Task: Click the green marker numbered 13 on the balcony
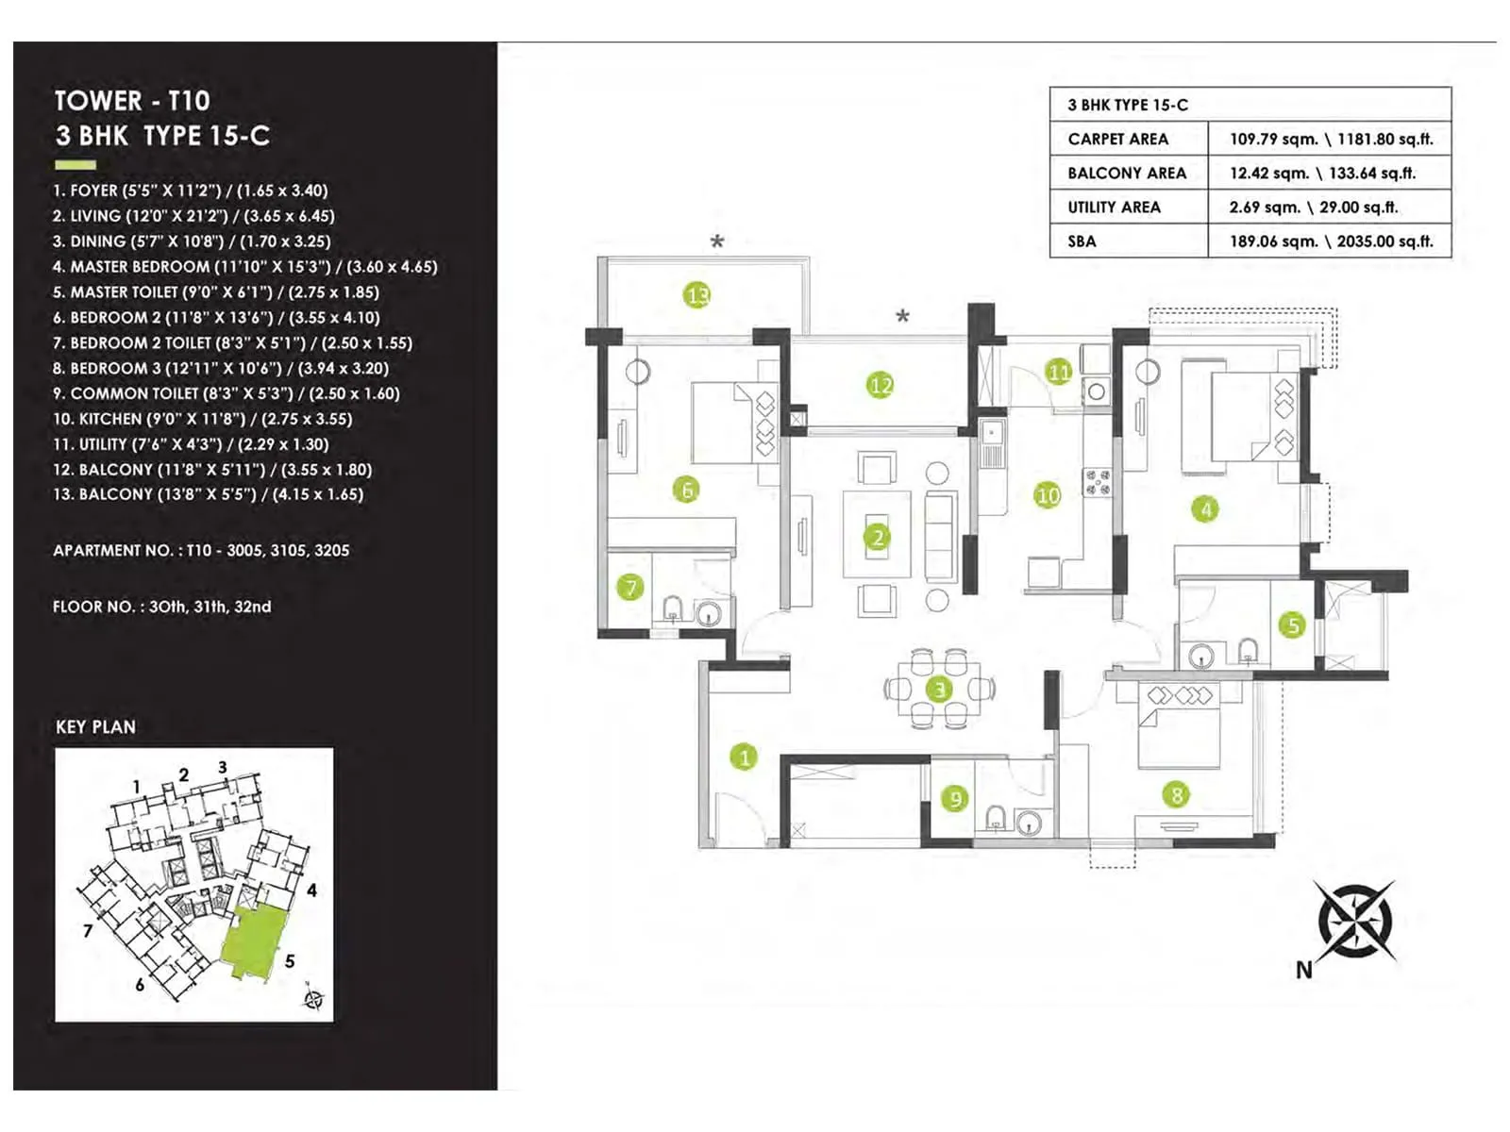pyautogui.click(x=696, y=295)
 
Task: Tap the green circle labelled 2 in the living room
pyautogui.click(x=878, y=538)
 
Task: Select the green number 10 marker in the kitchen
pyautogui.click(x=1048, y=495)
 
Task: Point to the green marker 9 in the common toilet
pyautogui.click(x=955, y=799)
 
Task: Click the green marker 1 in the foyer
pyautogui.click(x=744, y=757)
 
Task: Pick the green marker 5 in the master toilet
pyautogui.click(x=1293, y=624)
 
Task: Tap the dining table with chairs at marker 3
pyautogui.click(x=939, y=689)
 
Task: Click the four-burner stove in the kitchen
pyautogui.click(x=1097, y=482)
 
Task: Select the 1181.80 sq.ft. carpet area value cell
pyautogui.click(x=1330, y=139)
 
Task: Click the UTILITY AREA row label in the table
pyautogui.click(x=1114, y=207)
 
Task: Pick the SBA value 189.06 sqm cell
pyautogui.click(x=1330, y=241)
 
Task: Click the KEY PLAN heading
pyautogui.click(x=95, y=726)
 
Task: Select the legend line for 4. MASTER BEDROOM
pyautogui.click(x=245, y=267)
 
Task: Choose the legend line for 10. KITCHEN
pyautogui.click(x=202, y=419)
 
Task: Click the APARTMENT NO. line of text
pyautogui.click(x=201, y=550)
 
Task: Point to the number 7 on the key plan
pyautogui.click(x=88, y=930)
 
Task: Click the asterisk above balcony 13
pyautogui.click(x=717, y=241)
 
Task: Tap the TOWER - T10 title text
pyautogui.click(x=132, y=100)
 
